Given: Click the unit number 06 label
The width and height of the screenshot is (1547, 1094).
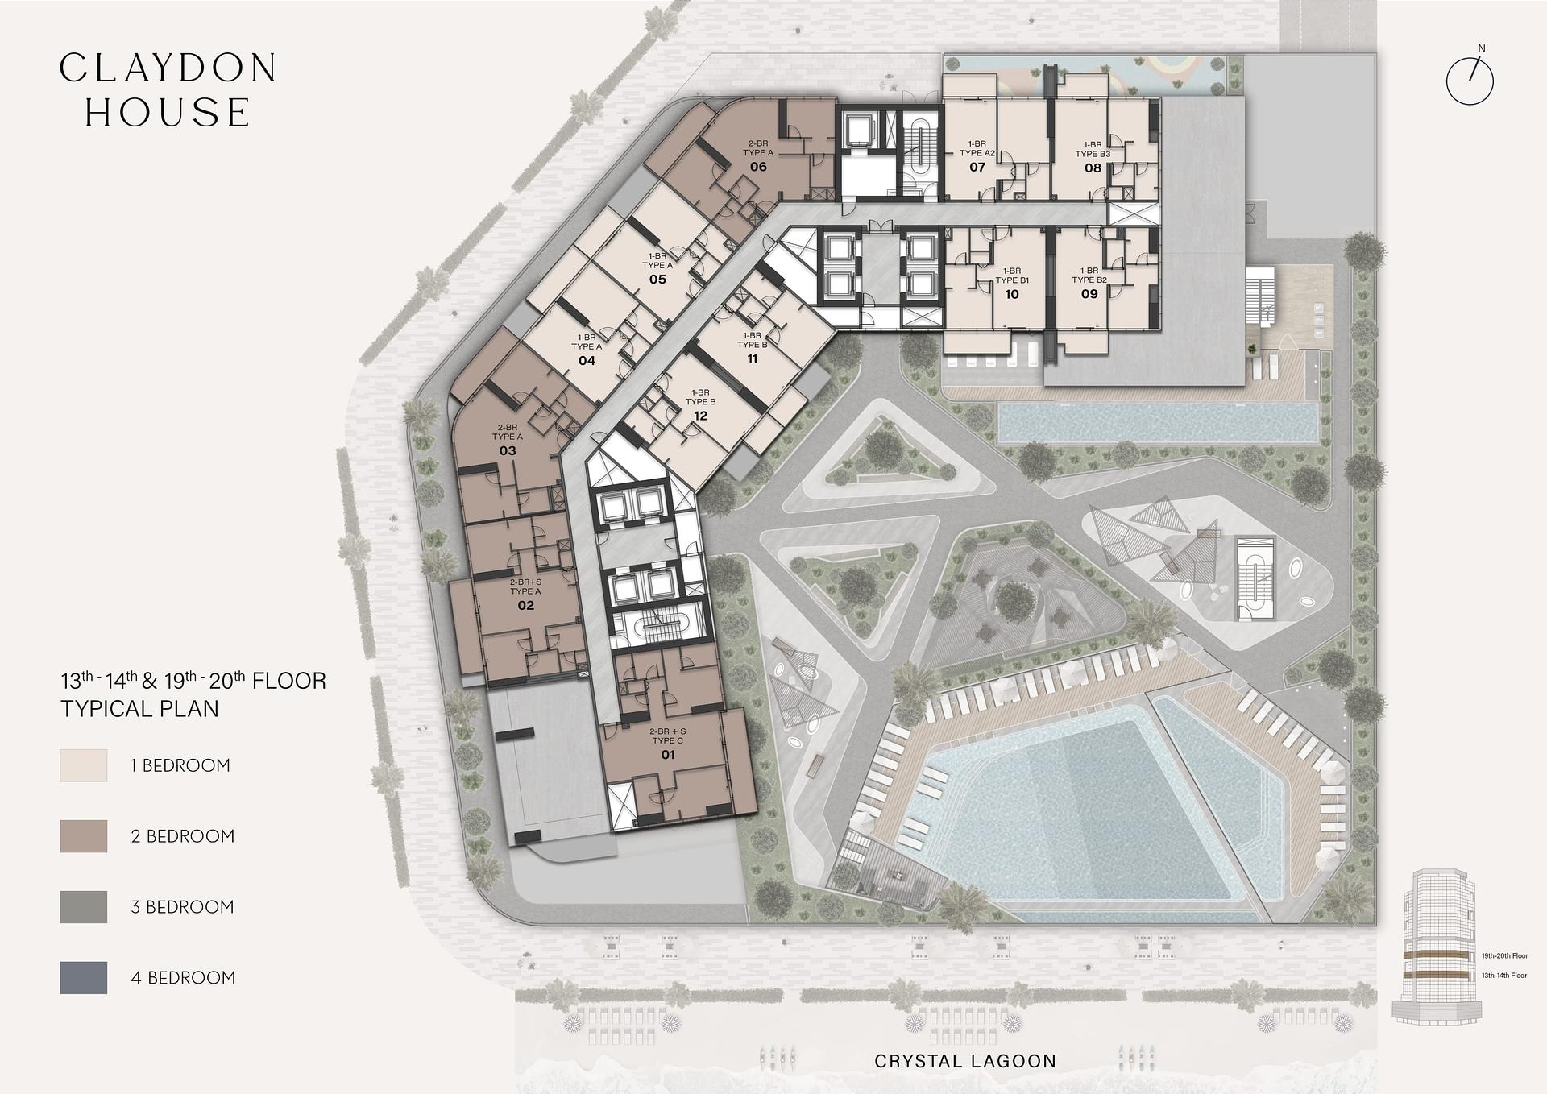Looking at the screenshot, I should pos(758,167).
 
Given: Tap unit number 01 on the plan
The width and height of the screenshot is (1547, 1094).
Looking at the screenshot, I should pos(668,755).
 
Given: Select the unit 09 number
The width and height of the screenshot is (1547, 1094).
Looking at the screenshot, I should pos(1089,294).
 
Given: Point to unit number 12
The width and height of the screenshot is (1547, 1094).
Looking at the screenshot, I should pos(700,416).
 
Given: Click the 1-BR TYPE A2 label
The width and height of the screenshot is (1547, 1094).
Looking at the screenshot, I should pos(977,148).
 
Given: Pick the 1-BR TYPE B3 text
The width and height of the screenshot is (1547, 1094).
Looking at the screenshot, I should pos(1093,149).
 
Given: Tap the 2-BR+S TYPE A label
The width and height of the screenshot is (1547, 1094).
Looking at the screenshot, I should pos(525,586).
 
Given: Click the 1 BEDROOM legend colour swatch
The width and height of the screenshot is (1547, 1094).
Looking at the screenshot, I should pos(84,765).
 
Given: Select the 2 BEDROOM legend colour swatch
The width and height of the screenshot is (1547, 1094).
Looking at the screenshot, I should pos(84,836).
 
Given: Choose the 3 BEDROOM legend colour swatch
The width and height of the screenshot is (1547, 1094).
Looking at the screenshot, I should pos(84,907).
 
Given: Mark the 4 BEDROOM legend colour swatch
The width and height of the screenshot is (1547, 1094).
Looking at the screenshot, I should pos(84,977).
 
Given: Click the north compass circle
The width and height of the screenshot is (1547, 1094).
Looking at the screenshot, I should pos(1470,81).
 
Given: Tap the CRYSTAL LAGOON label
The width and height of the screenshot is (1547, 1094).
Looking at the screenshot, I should pos(965,1061).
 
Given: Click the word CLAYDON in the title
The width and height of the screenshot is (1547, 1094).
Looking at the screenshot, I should pos(168,68).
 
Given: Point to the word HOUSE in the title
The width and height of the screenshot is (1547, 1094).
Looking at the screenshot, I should pos(168,113).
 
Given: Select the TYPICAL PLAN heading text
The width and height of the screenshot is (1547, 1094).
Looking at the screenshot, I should pos(140,709).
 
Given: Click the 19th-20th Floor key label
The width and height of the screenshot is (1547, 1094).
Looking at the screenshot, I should pos(1504,956).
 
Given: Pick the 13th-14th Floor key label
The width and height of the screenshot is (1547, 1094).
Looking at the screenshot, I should pos(1503,976).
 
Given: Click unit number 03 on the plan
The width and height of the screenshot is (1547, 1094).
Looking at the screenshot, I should pos(508,450).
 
